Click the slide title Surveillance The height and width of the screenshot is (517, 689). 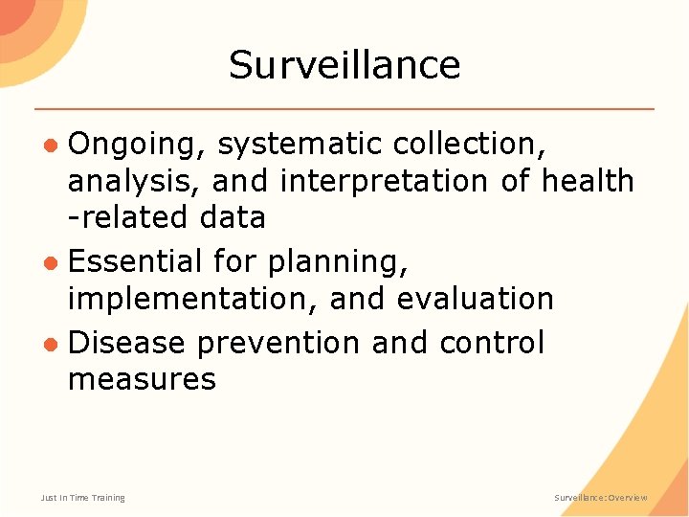click(x=344, y=65)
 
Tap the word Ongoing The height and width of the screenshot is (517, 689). click(x=136, y=145)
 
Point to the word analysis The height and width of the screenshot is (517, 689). click(x=133, y=181)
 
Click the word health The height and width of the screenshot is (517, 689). click(x=588, y=180)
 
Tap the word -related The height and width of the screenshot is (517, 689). click(x=128, y=217)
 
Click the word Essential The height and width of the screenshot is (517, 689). click(x=136, y=261)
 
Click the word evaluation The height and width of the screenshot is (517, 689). click(x=475, y=299)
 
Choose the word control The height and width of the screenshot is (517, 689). click(x=491, y=343)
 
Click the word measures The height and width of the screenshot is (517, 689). click(x=142, y=379)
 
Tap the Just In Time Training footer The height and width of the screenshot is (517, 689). click(x=82, y=498)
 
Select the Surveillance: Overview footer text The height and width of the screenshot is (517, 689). click(x=601, y=498)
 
